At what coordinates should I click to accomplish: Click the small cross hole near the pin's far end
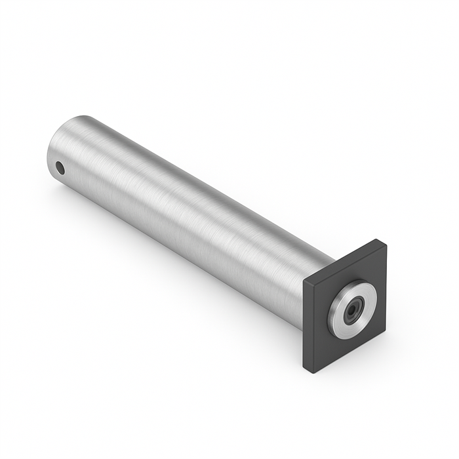[60, 168]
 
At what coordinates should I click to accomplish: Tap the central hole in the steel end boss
[355, 308]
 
